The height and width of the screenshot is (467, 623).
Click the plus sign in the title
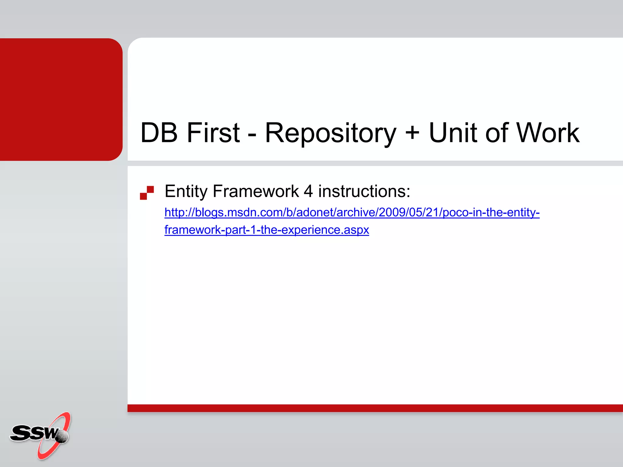pyautogui.click(x=412, y=133)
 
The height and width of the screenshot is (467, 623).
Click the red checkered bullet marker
pyautogui.click(x=147, y=193)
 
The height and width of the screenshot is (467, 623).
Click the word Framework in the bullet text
pyautogui.click(x=256, y=192)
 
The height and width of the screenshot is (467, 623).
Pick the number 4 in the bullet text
pyautogui.click(x=308, y=192)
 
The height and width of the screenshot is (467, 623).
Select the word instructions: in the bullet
pyautogui.click(x=364, y=192)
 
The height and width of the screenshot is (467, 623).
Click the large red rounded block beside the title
pyautogui.click(x=61, y=99)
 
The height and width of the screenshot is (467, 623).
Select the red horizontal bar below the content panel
pyautogui.click(x=375, y=408)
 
